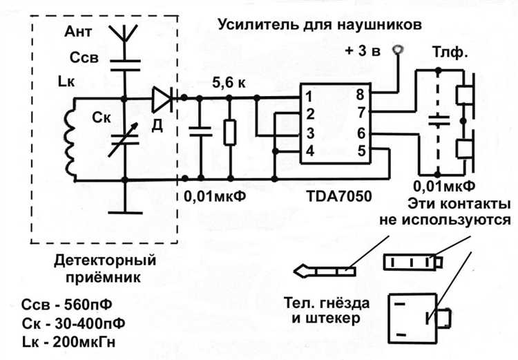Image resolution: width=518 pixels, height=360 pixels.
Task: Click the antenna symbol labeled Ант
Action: [x=125, y=33]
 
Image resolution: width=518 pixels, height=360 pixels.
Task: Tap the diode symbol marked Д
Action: [x=162, y=100]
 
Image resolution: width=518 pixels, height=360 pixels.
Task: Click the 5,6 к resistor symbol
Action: [x=229, y=132]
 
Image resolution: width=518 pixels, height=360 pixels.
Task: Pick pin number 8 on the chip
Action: [x=360, y=95]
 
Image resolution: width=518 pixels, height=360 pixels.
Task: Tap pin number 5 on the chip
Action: [x=360, y=150]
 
